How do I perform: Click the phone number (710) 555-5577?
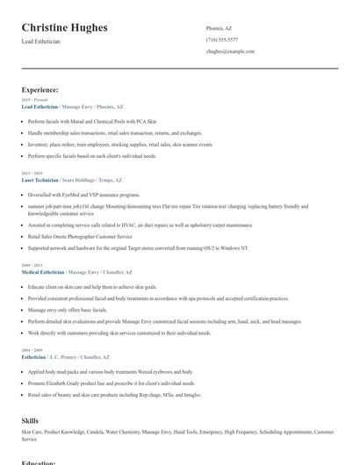point(221,39)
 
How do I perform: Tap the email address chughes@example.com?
point(230,51)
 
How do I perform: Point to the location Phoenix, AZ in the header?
point(220,28)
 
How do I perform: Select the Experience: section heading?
point(40,89)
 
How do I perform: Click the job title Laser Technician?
point(40,179)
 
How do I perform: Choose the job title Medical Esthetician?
point(43,272)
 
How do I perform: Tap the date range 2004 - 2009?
point(32,350)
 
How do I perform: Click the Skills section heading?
point(30,421)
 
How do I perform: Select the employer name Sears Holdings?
point(81,179)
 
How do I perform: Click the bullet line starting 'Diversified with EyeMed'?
point(83,195)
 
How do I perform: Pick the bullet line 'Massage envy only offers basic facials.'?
point(68,310)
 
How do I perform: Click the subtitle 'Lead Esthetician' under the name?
point(40,42)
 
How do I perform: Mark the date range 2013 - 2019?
point(32,173)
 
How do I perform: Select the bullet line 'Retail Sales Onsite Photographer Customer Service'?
point(80,236)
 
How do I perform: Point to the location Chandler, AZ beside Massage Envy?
point(119,272)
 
